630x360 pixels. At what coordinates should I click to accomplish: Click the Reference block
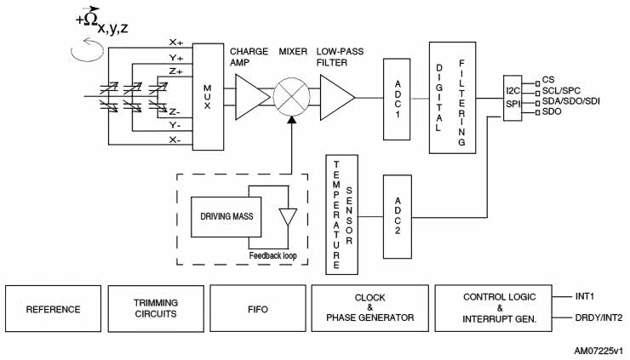(x=53, y=309)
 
